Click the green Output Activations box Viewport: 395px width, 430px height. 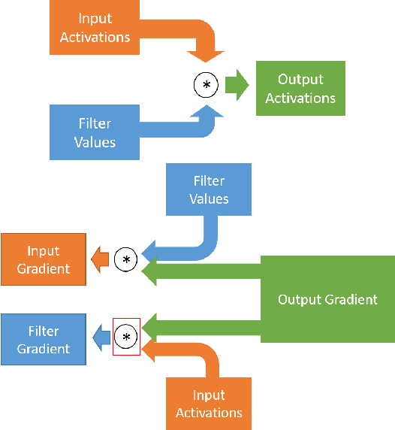tap(300, 89)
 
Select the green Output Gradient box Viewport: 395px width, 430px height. tap(327, 299)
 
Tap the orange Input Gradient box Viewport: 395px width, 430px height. tap(44, 259)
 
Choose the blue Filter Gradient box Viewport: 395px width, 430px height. tap(44, 340)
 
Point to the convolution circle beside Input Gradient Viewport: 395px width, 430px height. tap(126, 259)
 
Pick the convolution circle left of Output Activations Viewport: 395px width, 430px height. tap(206, 85)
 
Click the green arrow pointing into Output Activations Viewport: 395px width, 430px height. tap(238, 85)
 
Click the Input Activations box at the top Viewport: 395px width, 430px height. tap(95, 28)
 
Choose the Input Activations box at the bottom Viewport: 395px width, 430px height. tap(209, 404)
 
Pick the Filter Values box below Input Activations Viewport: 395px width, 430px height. tap(95, 132)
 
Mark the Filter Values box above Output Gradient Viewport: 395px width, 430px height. tap(210, 189)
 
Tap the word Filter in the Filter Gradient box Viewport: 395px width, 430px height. tap(44, 332)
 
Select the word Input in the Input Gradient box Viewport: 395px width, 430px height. tap(44, 251)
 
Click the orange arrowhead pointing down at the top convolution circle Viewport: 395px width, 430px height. tap(206, 54)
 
